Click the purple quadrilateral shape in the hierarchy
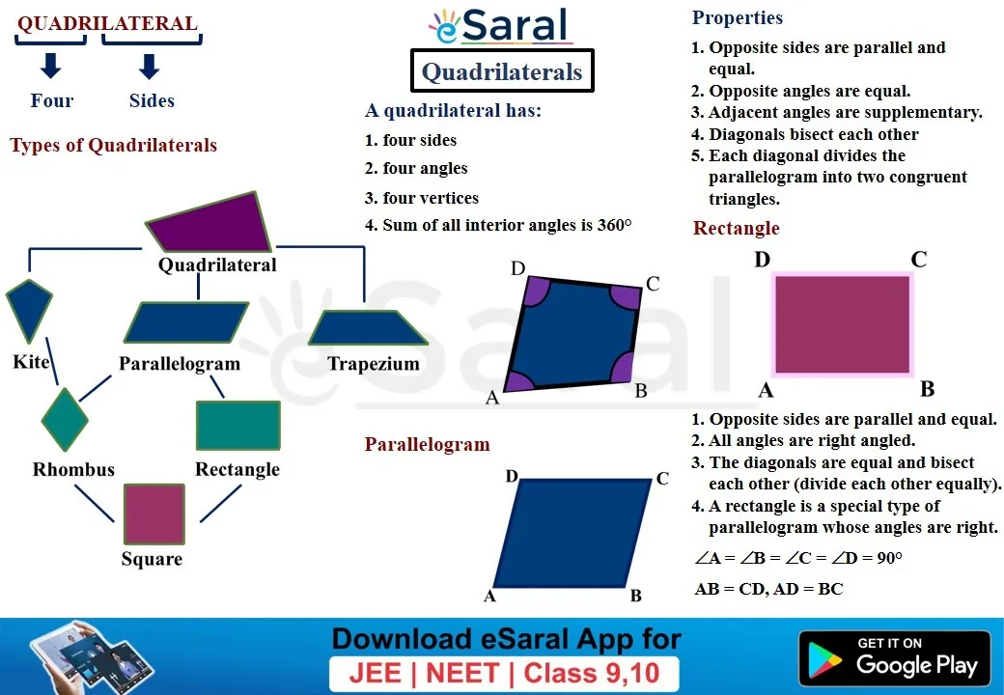pos(211,223)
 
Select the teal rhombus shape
pos(65,420)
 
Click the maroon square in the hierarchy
pos(154,514)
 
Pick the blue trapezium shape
pos(368,328)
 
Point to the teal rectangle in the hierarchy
pos(238,425)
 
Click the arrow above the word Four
pos(50,66)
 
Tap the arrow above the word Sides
pos(150,66)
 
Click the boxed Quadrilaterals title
pos(502,71)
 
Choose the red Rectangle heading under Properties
pos(737,228)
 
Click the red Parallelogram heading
pos(427,444)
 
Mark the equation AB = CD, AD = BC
pos(769,589)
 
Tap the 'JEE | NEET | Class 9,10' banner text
pos(504,673)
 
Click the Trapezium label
pos(374,364)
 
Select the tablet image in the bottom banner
pos(91,657)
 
